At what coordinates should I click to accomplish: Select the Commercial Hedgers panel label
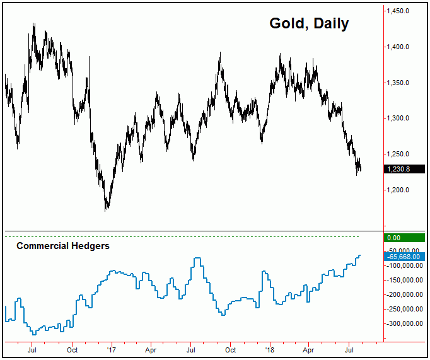(62, 246)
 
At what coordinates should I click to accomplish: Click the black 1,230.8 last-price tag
(400, 169)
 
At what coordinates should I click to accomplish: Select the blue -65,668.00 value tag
(401, 256)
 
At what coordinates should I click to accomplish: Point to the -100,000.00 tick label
(404, 266)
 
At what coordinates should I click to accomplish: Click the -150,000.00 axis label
(404, 281)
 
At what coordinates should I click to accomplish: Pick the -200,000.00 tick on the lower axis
(404, 295)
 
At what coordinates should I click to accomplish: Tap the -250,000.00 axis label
(404, 310)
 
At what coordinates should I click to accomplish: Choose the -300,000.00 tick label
(404, 324)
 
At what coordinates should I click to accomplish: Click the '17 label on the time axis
(111, 349)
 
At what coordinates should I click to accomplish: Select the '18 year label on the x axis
(270, 349)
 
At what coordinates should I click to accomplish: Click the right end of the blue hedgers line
(360, 255)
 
